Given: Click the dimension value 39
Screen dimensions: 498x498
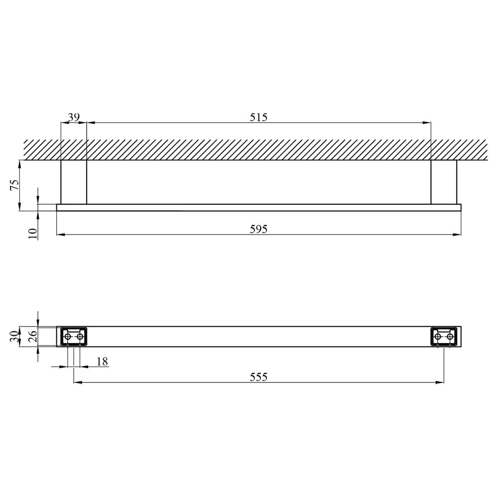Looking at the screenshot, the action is point(74,117).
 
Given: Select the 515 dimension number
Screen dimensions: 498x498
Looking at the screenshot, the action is point(258,117).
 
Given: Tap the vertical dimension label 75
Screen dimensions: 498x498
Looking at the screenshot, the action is point(15,185).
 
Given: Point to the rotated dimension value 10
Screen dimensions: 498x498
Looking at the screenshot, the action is point(33,234).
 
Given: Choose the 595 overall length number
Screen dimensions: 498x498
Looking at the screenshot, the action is point(258,229).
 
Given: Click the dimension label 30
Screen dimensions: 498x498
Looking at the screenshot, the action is point(14,336).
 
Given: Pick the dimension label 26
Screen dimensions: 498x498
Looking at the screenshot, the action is point(33,336).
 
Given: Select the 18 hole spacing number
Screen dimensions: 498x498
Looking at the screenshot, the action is point(102,362).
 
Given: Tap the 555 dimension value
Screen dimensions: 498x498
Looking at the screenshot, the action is point(258,377).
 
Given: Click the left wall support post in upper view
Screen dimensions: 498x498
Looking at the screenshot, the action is point(74,182).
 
